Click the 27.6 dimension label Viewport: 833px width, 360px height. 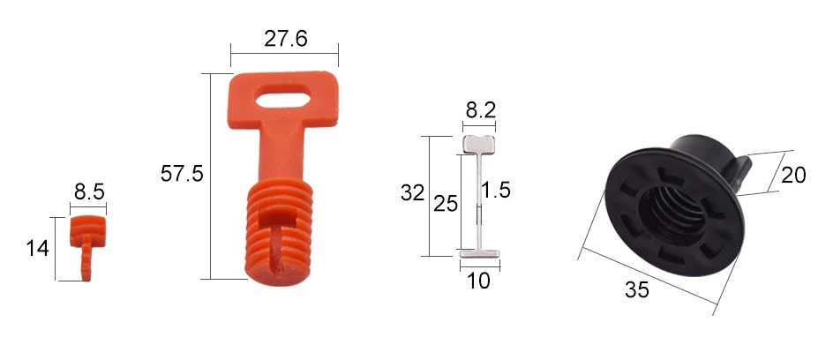click(x=285, y=39)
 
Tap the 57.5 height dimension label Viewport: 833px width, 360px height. click(x=182, y=174)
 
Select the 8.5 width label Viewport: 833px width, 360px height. click(x=89, y=191)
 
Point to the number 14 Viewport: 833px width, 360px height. click(x=37, y=248)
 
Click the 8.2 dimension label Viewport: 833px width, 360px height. click(x=480, y=110)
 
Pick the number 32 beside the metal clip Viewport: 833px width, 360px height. click(x=412, y=192)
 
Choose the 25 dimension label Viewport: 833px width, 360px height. click(x=446, y=203)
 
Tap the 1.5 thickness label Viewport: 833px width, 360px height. click(x=496, y=190)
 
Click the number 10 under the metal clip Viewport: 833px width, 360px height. click(x=478, y=281)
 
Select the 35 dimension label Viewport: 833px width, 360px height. click(x=636, y=290)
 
